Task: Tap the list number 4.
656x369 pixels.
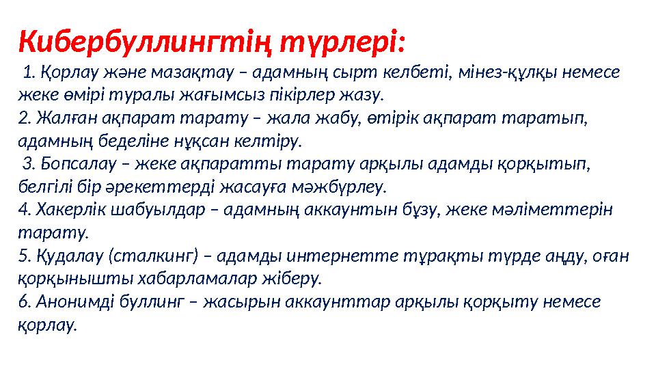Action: (x=22, y=210)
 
